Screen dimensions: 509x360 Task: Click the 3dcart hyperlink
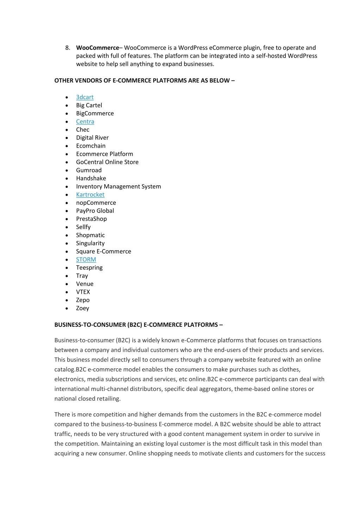click(x=85, y=97)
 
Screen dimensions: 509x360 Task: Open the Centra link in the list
click(x=85, y=121)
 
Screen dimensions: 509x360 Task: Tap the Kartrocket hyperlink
click(x=90, y=195)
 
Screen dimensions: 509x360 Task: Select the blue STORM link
click(x=86, y=259)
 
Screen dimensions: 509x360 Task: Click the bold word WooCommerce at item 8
click(x=97, y=48)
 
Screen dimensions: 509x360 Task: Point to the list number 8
click(x=67, y=48)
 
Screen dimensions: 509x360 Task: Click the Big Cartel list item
click(x=89, y=105)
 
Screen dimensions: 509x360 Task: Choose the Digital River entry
click(x=92, y=138)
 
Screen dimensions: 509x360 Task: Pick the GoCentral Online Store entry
click(x=107, y=162)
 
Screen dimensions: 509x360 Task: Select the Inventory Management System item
click(x=119, y=186)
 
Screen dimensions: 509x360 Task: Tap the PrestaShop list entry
click(x=91, y=219)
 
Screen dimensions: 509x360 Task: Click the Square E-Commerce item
click(x=103, y=251)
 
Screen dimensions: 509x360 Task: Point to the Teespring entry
click(x=89, y=267)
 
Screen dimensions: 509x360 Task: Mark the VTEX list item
click(x=83, y=292)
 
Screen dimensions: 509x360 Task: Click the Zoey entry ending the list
click(x=83, y=308)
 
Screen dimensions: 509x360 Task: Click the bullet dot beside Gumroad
click(x=67, y=171)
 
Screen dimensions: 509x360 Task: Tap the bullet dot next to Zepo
click(x=67, y=300)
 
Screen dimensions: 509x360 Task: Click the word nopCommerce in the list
click(x=96, y=203)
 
